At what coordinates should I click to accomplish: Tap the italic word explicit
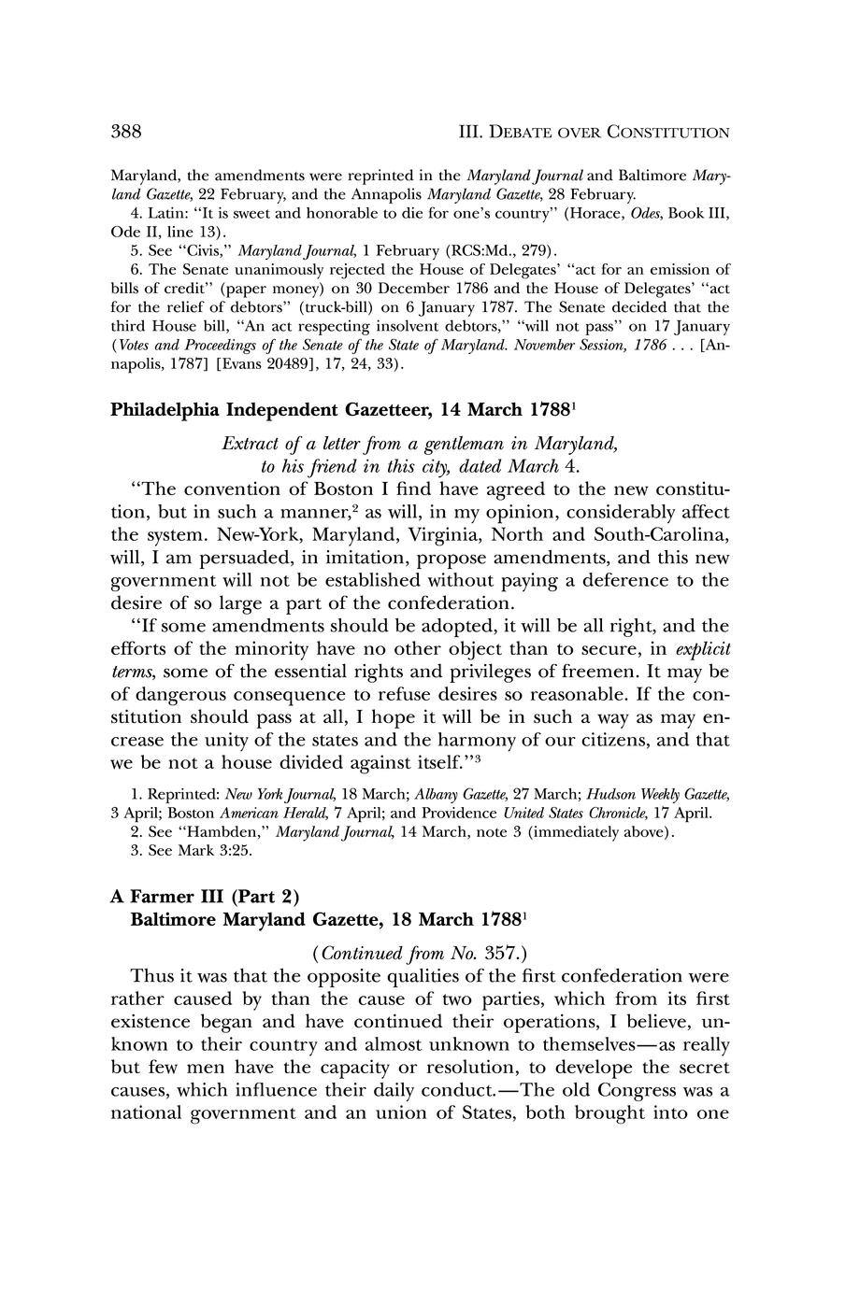tap(703, 648)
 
